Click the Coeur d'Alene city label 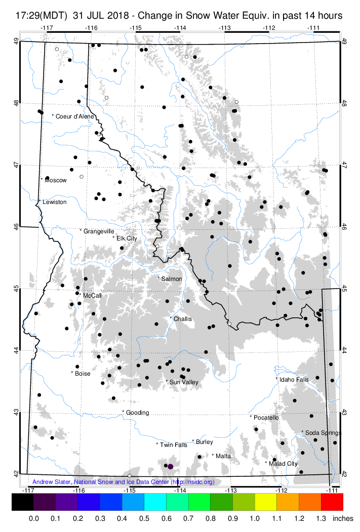(x=75, y=116)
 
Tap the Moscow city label (x=55, y=180)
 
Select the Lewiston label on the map (x=54, y=202)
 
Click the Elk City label (x=127, y=238)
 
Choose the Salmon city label (x=171, y=279)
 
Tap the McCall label (x=89, y=295)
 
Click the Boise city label (x=82, y=374)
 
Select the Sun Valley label (x=183, y=382)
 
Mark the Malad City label (x=283, y=463)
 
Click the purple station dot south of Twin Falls (x=171, y=466)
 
